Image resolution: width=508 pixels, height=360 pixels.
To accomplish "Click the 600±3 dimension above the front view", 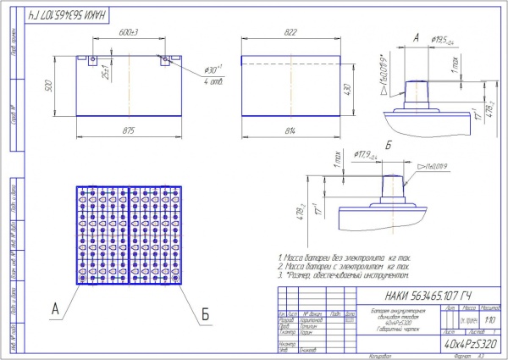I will point(128,32).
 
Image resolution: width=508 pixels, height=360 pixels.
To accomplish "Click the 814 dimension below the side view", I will point(292,131).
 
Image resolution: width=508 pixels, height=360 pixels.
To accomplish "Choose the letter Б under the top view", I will point(205,318).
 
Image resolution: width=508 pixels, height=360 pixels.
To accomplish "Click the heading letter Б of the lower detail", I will point(389,146).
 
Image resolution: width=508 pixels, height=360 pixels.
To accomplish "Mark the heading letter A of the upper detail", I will point(416,37).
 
